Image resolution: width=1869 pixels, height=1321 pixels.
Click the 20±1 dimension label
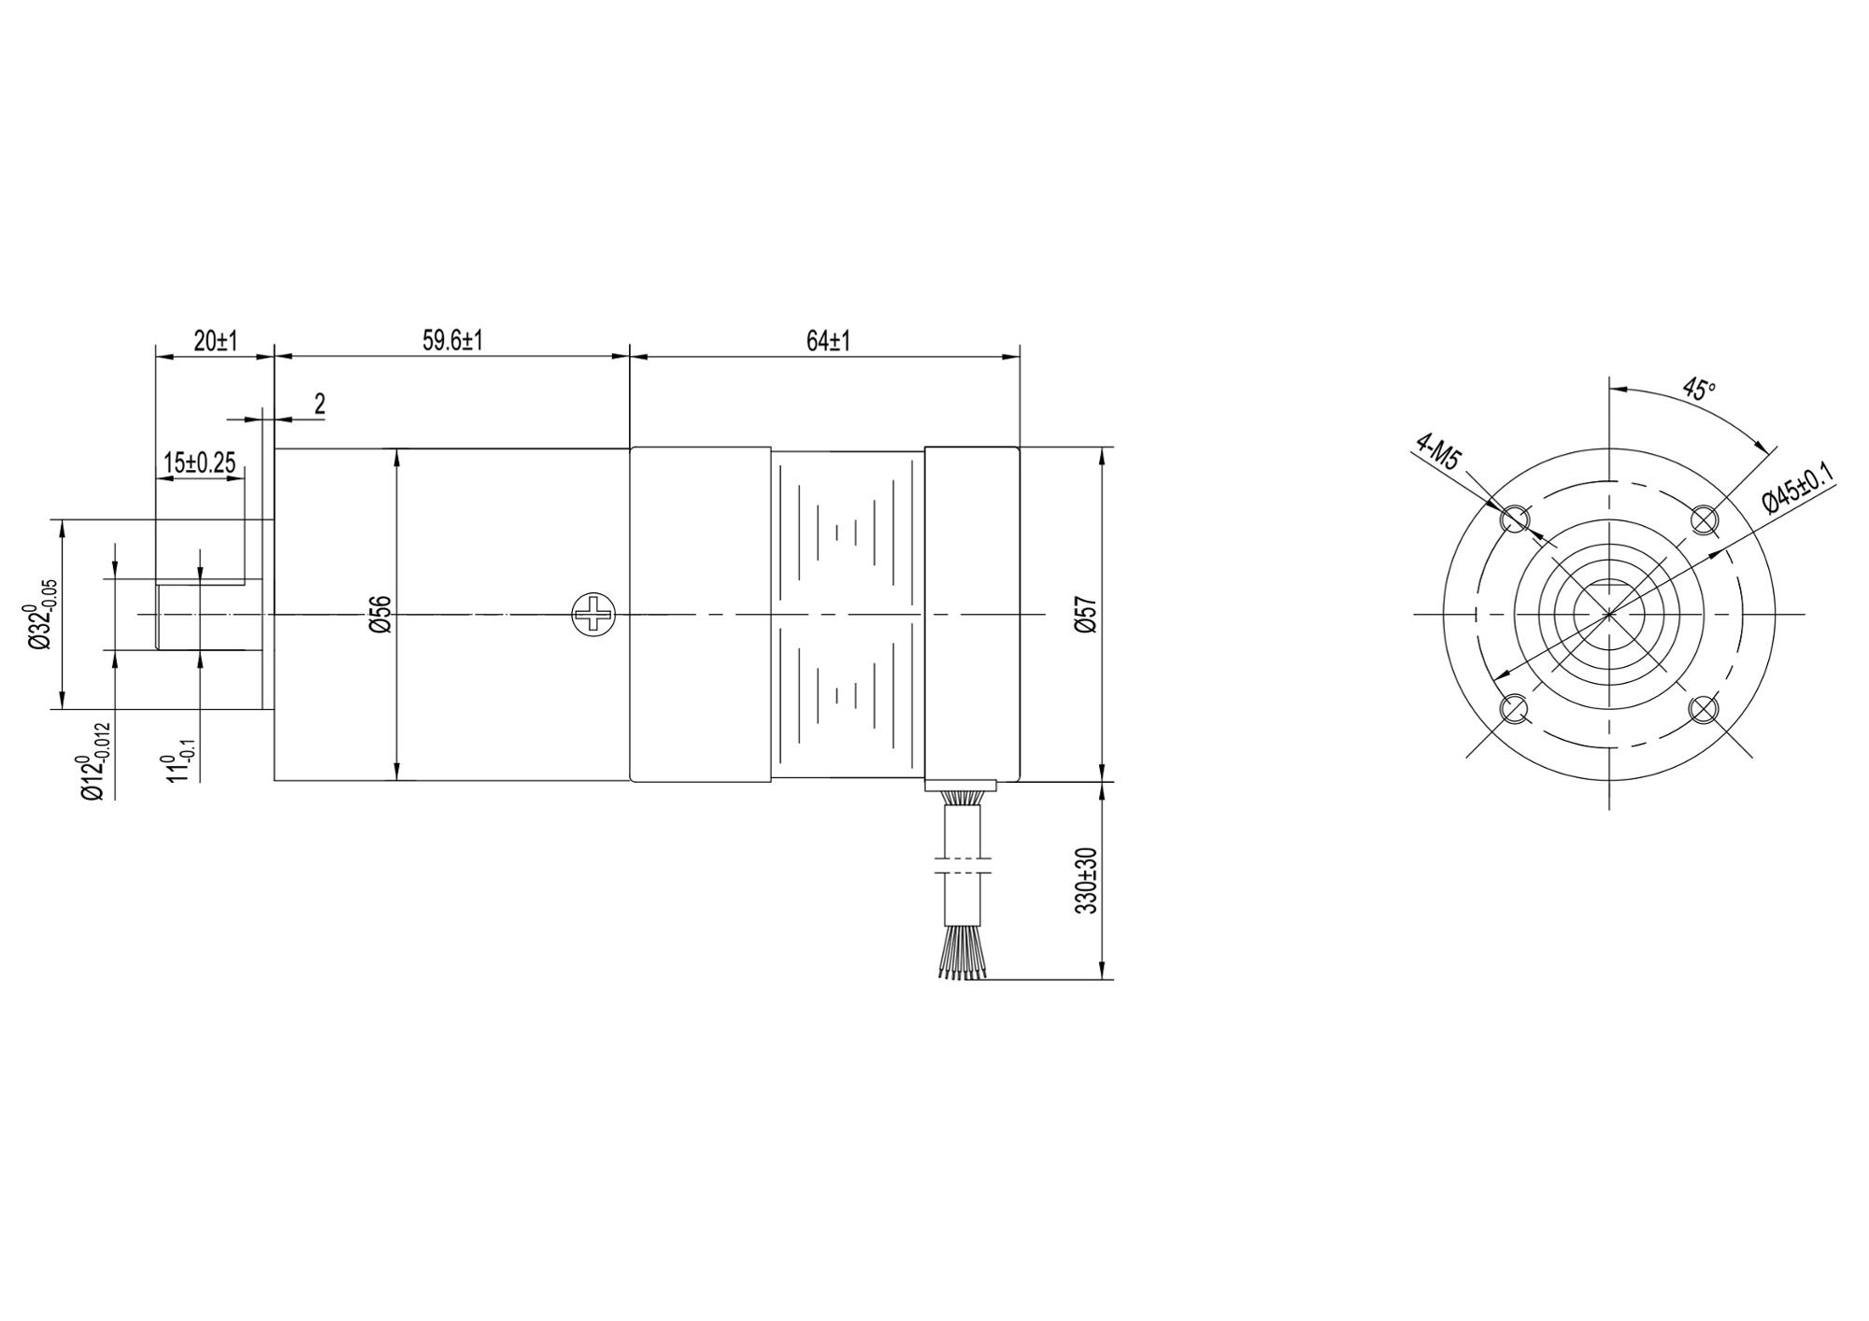216,341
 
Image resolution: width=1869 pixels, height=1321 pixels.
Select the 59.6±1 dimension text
452,341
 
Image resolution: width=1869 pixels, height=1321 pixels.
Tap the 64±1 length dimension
828,341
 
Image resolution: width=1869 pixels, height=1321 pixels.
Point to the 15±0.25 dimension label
199,462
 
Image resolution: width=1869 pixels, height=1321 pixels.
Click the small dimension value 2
320,404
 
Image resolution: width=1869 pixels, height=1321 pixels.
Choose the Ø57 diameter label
1086,614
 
